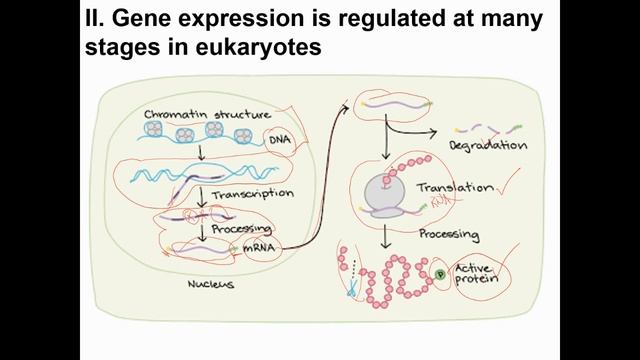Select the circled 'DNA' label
pos(279,143)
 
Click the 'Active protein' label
pos(476,273)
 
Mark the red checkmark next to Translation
pos(512,183)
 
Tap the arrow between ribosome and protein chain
pos(385,236)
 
